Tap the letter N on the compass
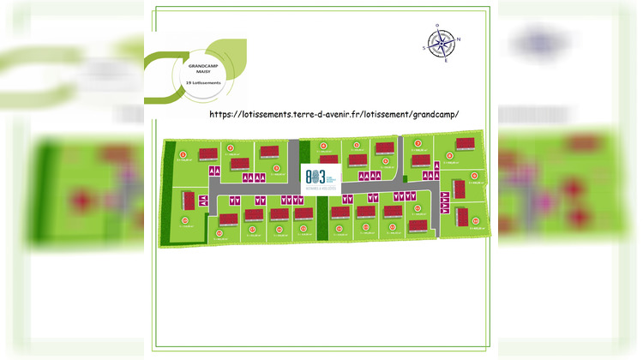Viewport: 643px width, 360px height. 458,39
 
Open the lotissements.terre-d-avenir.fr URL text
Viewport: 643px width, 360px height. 334,113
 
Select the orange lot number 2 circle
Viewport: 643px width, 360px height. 231,148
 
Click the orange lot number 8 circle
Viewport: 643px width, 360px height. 448,155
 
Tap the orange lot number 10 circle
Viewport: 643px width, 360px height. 477,219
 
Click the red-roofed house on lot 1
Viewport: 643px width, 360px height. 207,154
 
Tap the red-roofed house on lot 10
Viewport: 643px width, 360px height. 462,216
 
